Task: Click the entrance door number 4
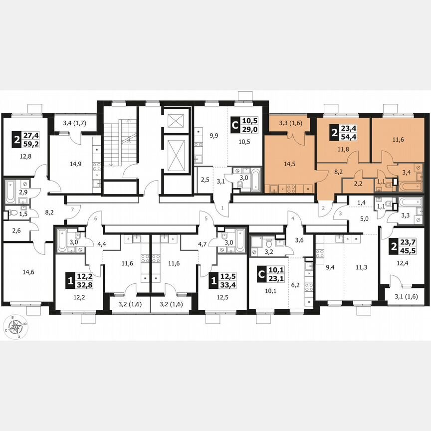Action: [x=293, y=217]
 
